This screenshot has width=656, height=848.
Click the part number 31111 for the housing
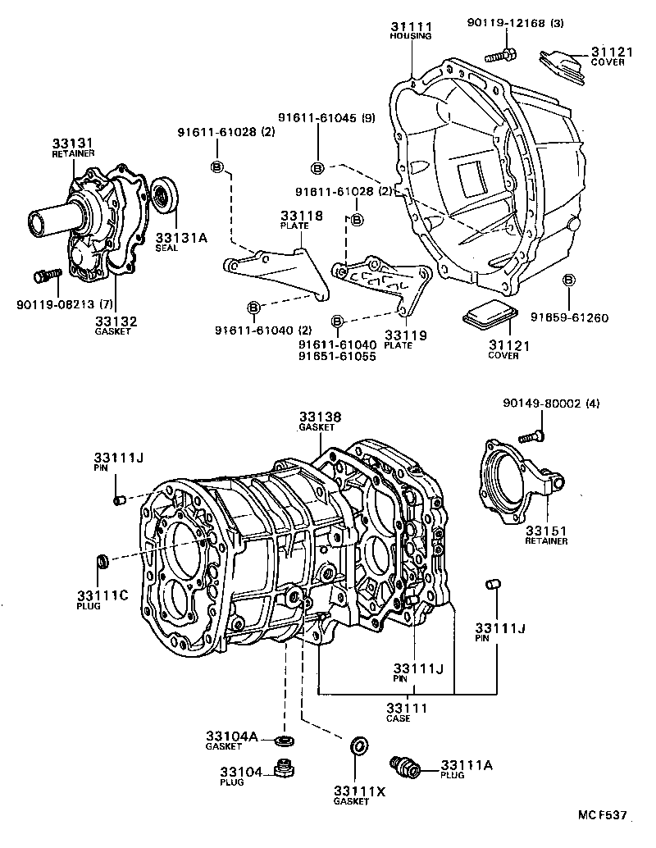(411, 27)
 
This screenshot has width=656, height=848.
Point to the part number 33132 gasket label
(116, 321)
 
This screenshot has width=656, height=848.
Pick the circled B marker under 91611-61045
(317, 168)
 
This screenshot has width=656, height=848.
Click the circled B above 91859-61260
(567, 281)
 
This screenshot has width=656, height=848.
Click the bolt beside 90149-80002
(533, 435)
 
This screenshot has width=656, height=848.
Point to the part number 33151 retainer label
(547, 531)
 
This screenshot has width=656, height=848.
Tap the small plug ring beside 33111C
(103, 561)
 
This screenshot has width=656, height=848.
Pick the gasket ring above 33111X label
(358, 746)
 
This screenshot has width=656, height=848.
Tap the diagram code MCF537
(601, 815)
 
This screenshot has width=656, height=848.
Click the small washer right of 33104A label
(285, 741)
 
